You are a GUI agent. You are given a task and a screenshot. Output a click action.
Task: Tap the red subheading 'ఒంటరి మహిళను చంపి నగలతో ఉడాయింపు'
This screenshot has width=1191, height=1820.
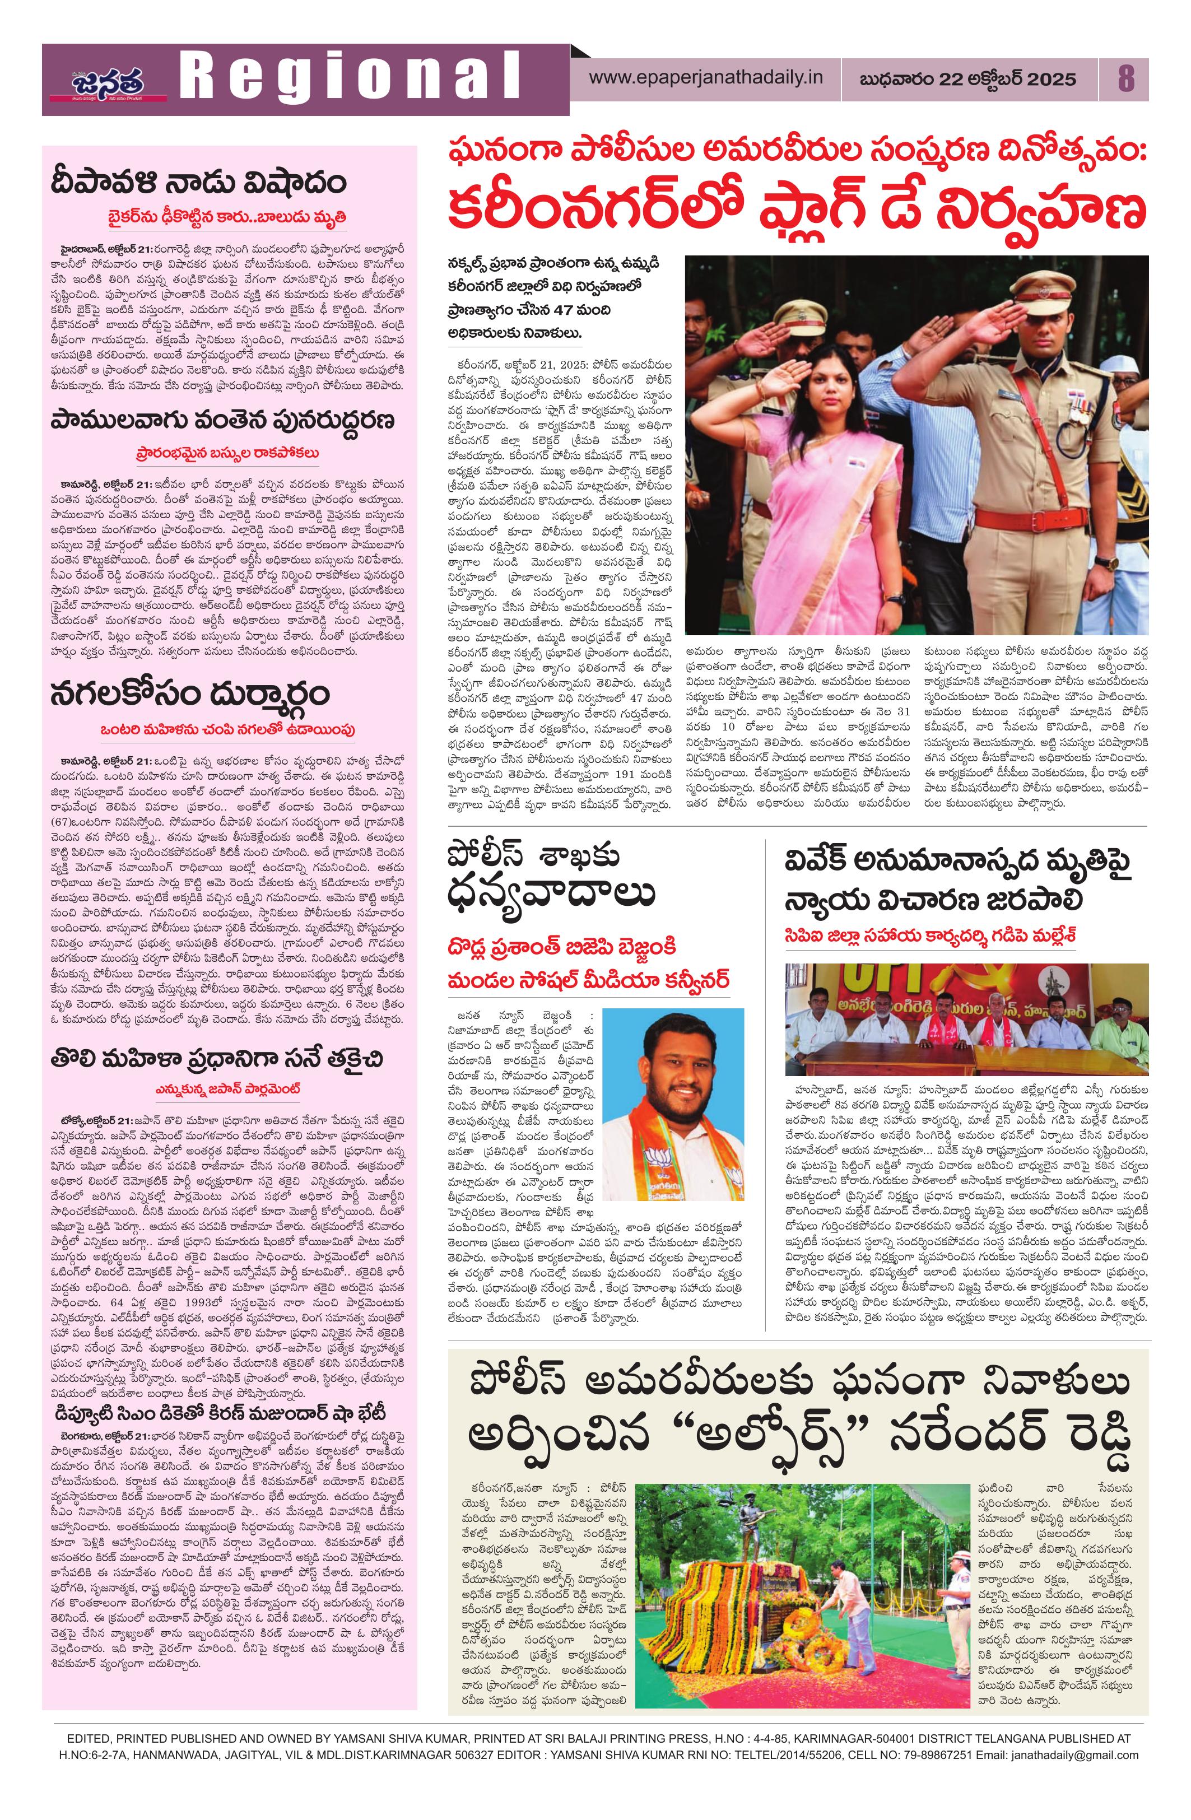(229, 729)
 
